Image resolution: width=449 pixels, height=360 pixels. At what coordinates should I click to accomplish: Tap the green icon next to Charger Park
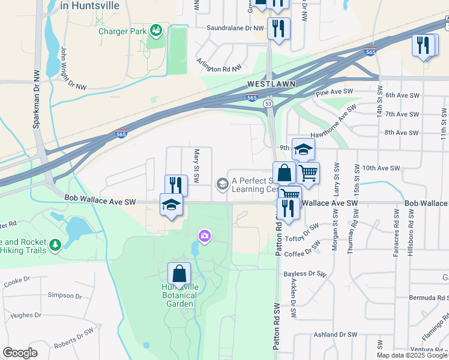coord(155,29)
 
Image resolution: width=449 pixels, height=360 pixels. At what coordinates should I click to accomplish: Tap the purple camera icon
coord(205,236)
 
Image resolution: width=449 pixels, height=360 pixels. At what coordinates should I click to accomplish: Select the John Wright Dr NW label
coord(72,71)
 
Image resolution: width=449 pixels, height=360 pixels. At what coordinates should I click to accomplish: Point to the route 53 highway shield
coord(268,104)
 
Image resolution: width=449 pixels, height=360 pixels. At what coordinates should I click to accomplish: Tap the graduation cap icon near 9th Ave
coord(303,149)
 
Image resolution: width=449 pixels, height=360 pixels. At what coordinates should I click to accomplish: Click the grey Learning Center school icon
coord(222,183)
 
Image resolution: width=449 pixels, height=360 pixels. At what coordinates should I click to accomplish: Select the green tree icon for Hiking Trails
coord(55,245)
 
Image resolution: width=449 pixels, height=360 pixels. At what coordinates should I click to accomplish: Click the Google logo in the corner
coord(20,352)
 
